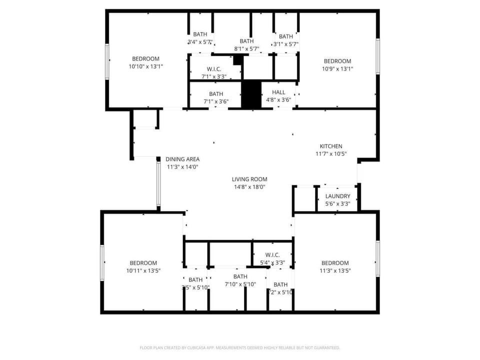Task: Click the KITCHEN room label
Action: pyautogui.click(x=331, y=146)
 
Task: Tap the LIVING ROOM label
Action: pyautogui.click(x=249, y=179)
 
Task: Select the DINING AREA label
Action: pyautogui.click(x=182, y=159)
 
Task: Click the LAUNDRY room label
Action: pyautogui.click(x=337, y=196)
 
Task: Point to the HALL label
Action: pyautogui.click(x=278, y=92)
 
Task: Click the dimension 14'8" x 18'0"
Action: pyautogui.click(x=249, y=187)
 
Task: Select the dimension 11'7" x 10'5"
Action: pyautogui.click(x=331, y=154)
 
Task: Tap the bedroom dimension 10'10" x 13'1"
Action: pyautogui.click(x=145, y=66)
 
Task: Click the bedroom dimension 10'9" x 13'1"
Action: pyautogui.click(x=337, y=69)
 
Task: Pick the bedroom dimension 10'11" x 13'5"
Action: pyautogui.click(x=143, y=270)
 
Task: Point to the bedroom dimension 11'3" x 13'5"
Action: pyautogui.click(x=335, y=270)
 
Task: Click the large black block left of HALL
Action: pyautogui.click(x=251, y=94)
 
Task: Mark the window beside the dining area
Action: pyautogui.click(x=158, y=183)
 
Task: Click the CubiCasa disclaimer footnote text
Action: pyautogui.click(x=239, y=347)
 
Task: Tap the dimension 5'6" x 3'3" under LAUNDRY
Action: pyautogui.click(x=337, y=204)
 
